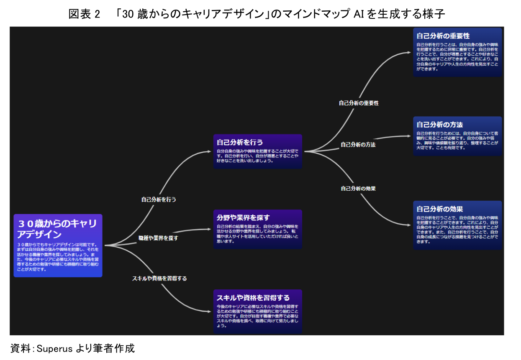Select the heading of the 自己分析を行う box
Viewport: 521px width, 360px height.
[240, 142]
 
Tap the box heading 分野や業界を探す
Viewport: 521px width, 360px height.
[243, 217]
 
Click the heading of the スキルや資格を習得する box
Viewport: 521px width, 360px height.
[253, 298]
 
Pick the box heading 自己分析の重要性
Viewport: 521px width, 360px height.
[443, 36]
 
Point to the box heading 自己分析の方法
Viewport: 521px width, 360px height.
[439, 125]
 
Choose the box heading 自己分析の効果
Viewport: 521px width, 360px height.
[439, 209]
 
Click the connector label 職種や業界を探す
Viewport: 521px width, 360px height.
[158, 238]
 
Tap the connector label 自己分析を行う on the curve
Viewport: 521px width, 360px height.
[159, 199]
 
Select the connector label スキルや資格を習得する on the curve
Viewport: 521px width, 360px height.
[159, 278]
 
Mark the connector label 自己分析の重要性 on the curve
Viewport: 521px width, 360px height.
[359, 103]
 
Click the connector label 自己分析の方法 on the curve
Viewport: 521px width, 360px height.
[358, 145]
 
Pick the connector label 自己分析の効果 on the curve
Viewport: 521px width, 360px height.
[358, 189]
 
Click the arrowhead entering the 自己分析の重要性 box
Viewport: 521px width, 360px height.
[410, 53]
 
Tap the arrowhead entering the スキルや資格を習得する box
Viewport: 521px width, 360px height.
[210, 311]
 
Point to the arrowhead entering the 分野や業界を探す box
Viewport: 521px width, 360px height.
[210, 229]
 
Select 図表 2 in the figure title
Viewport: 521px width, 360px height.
[84, 15]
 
